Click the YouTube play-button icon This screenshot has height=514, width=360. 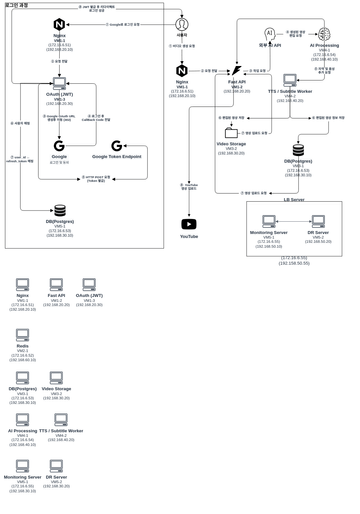click(189, 224)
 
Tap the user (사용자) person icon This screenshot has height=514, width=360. click(182, 23)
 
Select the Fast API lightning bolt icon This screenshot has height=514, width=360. click(237, 71)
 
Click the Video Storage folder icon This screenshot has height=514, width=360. click(231, 132)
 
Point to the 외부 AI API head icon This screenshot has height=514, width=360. click(269, 34)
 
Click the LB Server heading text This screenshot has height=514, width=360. click(294, 199)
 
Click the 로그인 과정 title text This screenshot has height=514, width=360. click(17, 5)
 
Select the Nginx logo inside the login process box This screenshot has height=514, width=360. click(59, 24)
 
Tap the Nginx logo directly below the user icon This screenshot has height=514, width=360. click(182, 71)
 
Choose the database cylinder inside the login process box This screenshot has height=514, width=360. click(60, 211)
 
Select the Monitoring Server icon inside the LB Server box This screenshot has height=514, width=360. click(268, 221)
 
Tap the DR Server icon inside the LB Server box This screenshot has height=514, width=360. click(318, 221)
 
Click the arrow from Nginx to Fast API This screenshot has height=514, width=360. click(209, 71)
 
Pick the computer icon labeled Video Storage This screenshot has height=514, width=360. click(56, 378)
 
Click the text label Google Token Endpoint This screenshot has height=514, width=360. click(116, 157)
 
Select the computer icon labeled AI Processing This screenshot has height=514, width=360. click(22, 420)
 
